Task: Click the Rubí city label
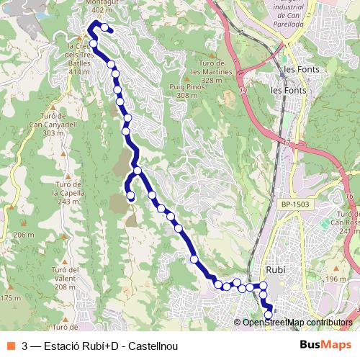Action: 275,269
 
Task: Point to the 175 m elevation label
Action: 10,297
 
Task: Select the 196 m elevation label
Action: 336,279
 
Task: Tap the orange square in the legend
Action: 12,345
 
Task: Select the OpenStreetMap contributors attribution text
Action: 297,322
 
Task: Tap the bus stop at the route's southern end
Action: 269,315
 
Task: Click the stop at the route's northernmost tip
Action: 105,28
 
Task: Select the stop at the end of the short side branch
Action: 131,195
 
